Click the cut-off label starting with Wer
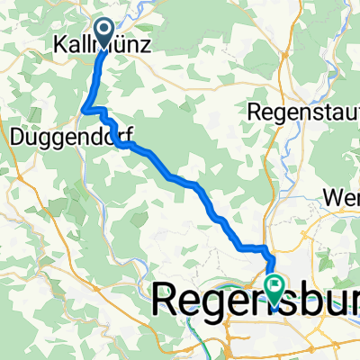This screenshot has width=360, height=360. click(x=343, y=195)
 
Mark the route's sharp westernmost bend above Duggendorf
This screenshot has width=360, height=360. click(x=84, y=110)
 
